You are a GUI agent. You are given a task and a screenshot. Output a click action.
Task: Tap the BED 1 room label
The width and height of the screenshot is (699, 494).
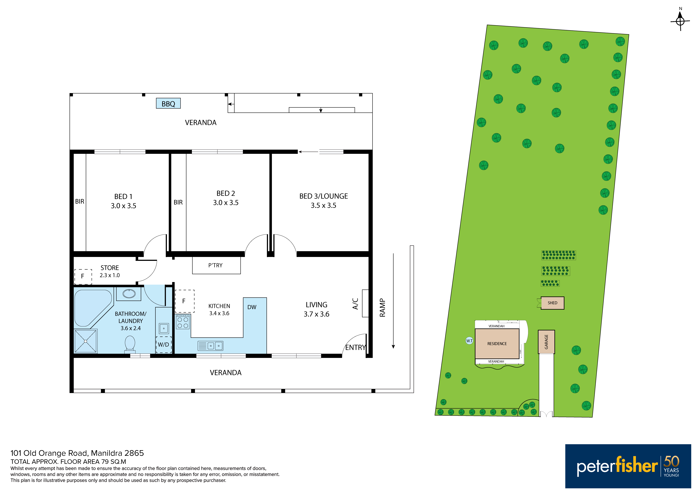(x=123, y=197)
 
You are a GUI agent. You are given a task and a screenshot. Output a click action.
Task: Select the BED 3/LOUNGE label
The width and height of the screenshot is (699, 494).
(x=324, y=196)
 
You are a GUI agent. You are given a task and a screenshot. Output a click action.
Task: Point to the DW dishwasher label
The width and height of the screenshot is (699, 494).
(x=252, y=307)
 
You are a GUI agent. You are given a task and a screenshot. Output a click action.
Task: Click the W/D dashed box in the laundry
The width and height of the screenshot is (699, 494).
(x=164, y=345)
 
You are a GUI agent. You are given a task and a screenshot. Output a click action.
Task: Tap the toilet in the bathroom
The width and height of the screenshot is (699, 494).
(x=130, y=344)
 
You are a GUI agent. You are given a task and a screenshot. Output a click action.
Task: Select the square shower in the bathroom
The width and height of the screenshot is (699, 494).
(x=86, y=341)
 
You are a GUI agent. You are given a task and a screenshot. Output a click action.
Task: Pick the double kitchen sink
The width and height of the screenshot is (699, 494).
(x=210, y=346)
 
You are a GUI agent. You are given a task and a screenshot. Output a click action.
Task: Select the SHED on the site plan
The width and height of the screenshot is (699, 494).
(x=552, y=303)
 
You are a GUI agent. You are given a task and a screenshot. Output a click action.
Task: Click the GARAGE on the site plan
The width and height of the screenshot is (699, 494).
(x=546, y=342)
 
